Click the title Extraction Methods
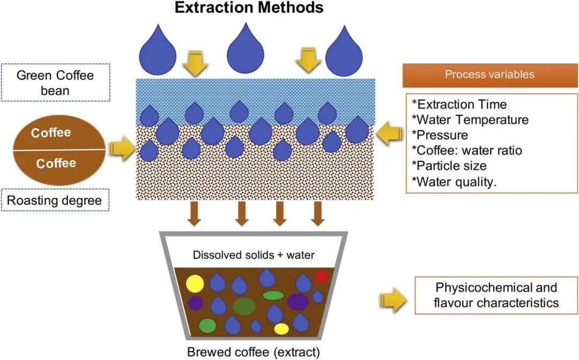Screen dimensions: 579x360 point(249,7)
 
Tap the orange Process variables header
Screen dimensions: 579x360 point(489,75)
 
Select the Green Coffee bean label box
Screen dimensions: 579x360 point(55,82)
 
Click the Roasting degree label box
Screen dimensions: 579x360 point(55,200)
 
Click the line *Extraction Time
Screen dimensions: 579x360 point(459,104)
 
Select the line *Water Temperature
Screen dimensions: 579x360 point(470,120)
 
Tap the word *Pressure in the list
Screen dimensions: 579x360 point(440,135)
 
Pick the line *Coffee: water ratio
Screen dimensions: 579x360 point(467,151)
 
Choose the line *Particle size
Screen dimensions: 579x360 point(449,166)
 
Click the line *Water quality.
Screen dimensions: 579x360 point(454,182)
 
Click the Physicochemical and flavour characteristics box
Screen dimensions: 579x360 point(496,295)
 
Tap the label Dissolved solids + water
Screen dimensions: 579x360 point(254,255)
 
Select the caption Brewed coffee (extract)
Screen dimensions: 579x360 point(254,352)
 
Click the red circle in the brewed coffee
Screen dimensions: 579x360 point(322,276)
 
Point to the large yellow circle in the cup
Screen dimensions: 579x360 point(195,283)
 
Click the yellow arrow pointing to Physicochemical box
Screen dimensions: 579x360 point(394,300)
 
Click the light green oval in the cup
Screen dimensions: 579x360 point(273,296)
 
